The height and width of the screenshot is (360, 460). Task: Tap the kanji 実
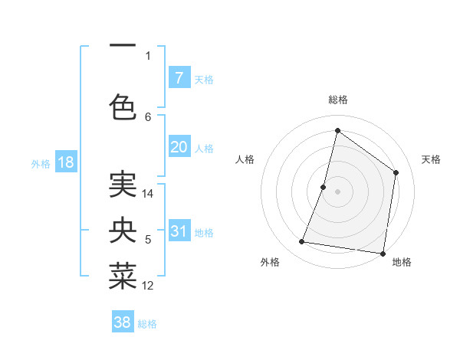point(123,184)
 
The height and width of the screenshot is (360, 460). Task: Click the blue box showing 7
point(179,77)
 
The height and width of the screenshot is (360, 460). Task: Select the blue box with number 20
point(179,147)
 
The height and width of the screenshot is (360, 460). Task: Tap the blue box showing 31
point(179,231)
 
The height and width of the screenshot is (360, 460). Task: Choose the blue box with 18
point(65,162)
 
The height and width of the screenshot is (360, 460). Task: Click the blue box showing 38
point(122,322)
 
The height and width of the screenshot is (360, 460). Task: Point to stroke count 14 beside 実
point(148,194)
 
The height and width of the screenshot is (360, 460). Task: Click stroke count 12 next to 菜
point(148,286)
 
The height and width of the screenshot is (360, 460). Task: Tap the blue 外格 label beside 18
point(41,163)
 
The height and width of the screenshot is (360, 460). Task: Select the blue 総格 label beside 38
point(147,324)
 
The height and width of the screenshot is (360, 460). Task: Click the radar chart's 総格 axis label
point(337,100)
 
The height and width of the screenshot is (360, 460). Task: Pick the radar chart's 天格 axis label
point(431,159)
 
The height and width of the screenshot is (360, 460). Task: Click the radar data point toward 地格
point(383,253)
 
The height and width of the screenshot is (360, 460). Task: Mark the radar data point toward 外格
point(302,242)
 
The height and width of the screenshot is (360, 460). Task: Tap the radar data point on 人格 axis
point(324,187)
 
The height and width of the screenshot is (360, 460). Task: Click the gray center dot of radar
point(337,191)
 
